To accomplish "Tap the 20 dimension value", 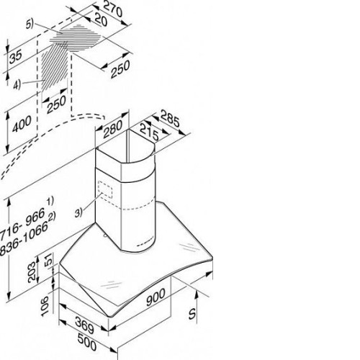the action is (x=100, y=19).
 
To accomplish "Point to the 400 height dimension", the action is (x=22, y=124).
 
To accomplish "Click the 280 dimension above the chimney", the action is (x=113, y=129).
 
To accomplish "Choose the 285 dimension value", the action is (x=170, y=118).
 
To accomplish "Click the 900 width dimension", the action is (x=156, y=297).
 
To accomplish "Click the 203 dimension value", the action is (x=32, y=272).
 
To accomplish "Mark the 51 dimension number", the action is (x=48, y=260).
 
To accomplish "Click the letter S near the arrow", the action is (x=192, y=313).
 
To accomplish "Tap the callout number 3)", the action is (x=78, y=213).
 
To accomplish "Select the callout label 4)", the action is (x=17, y=85).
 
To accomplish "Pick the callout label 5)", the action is (x=30, y=24).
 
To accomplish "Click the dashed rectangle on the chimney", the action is (x=105, y=189).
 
